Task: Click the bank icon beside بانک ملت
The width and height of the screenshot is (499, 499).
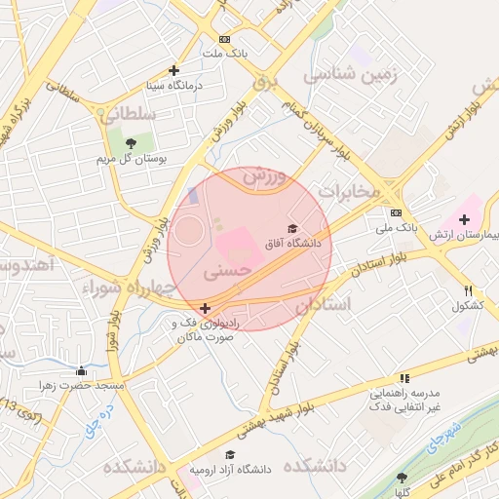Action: coord(225,40)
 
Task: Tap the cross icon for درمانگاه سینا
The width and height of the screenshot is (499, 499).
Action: coord(173,70)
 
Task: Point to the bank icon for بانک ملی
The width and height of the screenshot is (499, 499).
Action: coord(396,212)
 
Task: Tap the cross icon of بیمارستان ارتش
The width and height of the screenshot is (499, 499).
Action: coord(464,220)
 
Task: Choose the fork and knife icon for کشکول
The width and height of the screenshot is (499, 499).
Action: coord(468,290)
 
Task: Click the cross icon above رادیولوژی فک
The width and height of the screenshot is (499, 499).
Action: coord(204,308)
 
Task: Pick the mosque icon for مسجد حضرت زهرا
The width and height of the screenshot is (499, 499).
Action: coord(81,370)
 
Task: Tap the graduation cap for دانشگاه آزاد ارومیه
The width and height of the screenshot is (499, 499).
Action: coord(230,454)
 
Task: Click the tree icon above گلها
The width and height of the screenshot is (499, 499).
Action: coord(402,477)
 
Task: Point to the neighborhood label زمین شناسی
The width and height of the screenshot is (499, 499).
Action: coord(352,74)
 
